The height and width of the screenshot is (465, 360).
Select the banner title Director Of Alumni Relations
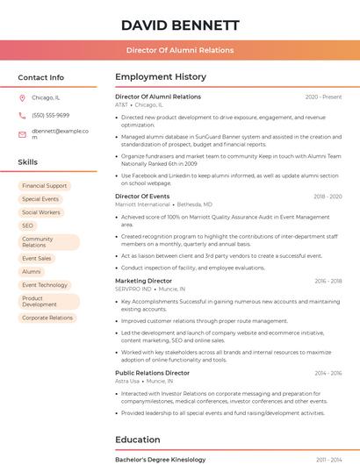pos(180,50)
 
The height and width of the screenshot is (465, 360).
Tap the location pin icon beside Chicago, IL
pos(22,98)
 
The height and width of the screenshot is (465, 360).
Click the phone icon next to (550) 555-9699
pos(22,115)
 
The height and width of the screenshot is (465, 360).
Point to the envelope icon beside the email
pos(22,133)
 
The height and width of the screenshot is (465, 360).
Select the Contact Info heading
pos(41,77)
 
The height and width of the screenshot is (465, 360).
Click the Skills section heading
pos(28,162)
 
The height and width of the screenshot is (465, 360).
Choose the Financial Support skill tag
pos(44,186)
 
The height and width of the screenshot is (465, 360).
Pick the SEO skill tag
pos(28,225)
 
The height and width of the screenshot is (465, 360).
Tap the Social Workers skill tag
pos(41,212)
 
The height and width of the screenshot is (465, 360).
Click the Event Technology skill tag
pos(45,285)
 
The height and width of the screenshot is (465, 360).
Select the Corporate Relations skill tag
pos(47,318)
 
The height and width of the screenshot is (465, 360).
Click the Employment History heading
pos(161,77)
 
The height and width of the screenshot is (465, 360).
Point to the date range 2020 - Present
pos(323,97)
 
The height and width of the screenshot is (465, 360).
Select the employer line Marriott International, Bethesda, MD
pos(163,204)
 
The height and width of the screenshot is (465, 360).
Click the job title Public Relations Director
pos(152,373)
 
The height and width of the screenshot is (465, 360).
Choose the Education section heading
pos(138,440)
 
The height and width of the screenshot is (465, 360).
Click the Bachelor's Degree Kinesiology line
pos(160,460)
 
